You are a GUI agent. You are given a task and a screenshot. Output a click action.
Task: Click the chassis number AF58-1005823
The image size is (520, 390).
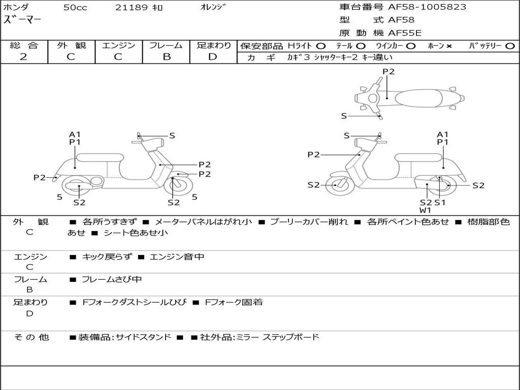[x=427, y=7]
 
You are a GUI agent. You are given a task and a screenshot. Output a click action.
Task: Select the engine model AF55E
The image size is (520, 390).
[x=405, y=33]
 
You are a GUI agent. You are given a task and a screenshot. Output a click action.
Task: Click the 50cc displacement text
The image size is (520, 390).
[x=75, y=7]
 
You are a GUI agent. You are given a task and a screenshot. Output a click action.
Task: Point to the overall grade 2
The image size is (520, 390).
[x=23, y=57]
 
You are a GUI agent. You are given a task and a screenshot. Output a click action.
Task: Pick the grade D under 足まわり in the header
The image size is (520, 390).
[x=213, y=57]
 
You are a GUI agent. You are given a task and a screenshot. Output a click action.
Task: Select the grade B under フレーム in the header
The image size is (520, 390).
[x=167, y=57]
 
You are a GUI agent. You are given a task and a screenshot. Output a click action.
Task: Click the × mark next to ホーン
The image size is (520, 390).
[x=449, y=46]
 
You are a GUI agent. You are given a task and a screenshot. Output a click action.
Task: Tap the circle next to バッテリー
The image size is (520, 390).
[x=510, y=46]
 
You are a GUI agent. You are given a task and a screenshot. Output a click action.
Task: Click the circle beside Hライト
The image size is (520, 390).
[x=321, y=46]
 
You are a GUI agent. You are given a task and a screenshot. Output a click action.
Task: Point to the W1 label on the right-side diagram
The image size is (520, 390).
[x=425, y=210]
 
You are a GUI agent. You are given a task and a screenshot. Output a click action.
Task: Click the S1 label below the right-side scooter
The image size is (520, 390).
[x=440, y=202]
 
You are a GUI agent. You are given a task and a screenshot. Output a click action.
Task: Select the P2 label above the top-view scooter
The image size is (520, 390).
[x=388, y=72]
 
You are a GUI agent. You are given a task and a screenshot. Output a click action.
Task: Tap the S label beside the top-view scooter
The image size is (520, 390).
[x=344, y=116]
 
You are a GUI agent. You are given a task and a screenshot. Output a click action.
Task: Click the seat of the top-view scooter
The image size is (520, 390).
[x=419, y=98]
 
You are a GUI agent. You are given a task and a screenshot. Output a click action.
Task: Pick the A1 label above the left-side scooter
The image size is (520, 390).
[x=75, y=134]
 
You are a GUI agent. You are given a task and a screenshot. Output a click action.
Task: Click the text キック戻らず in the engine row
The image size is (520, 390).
[x=107, y=256]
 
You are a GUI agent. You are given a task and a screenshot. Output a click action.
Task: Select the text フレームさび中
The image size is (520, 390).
[x=112, y=279]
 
